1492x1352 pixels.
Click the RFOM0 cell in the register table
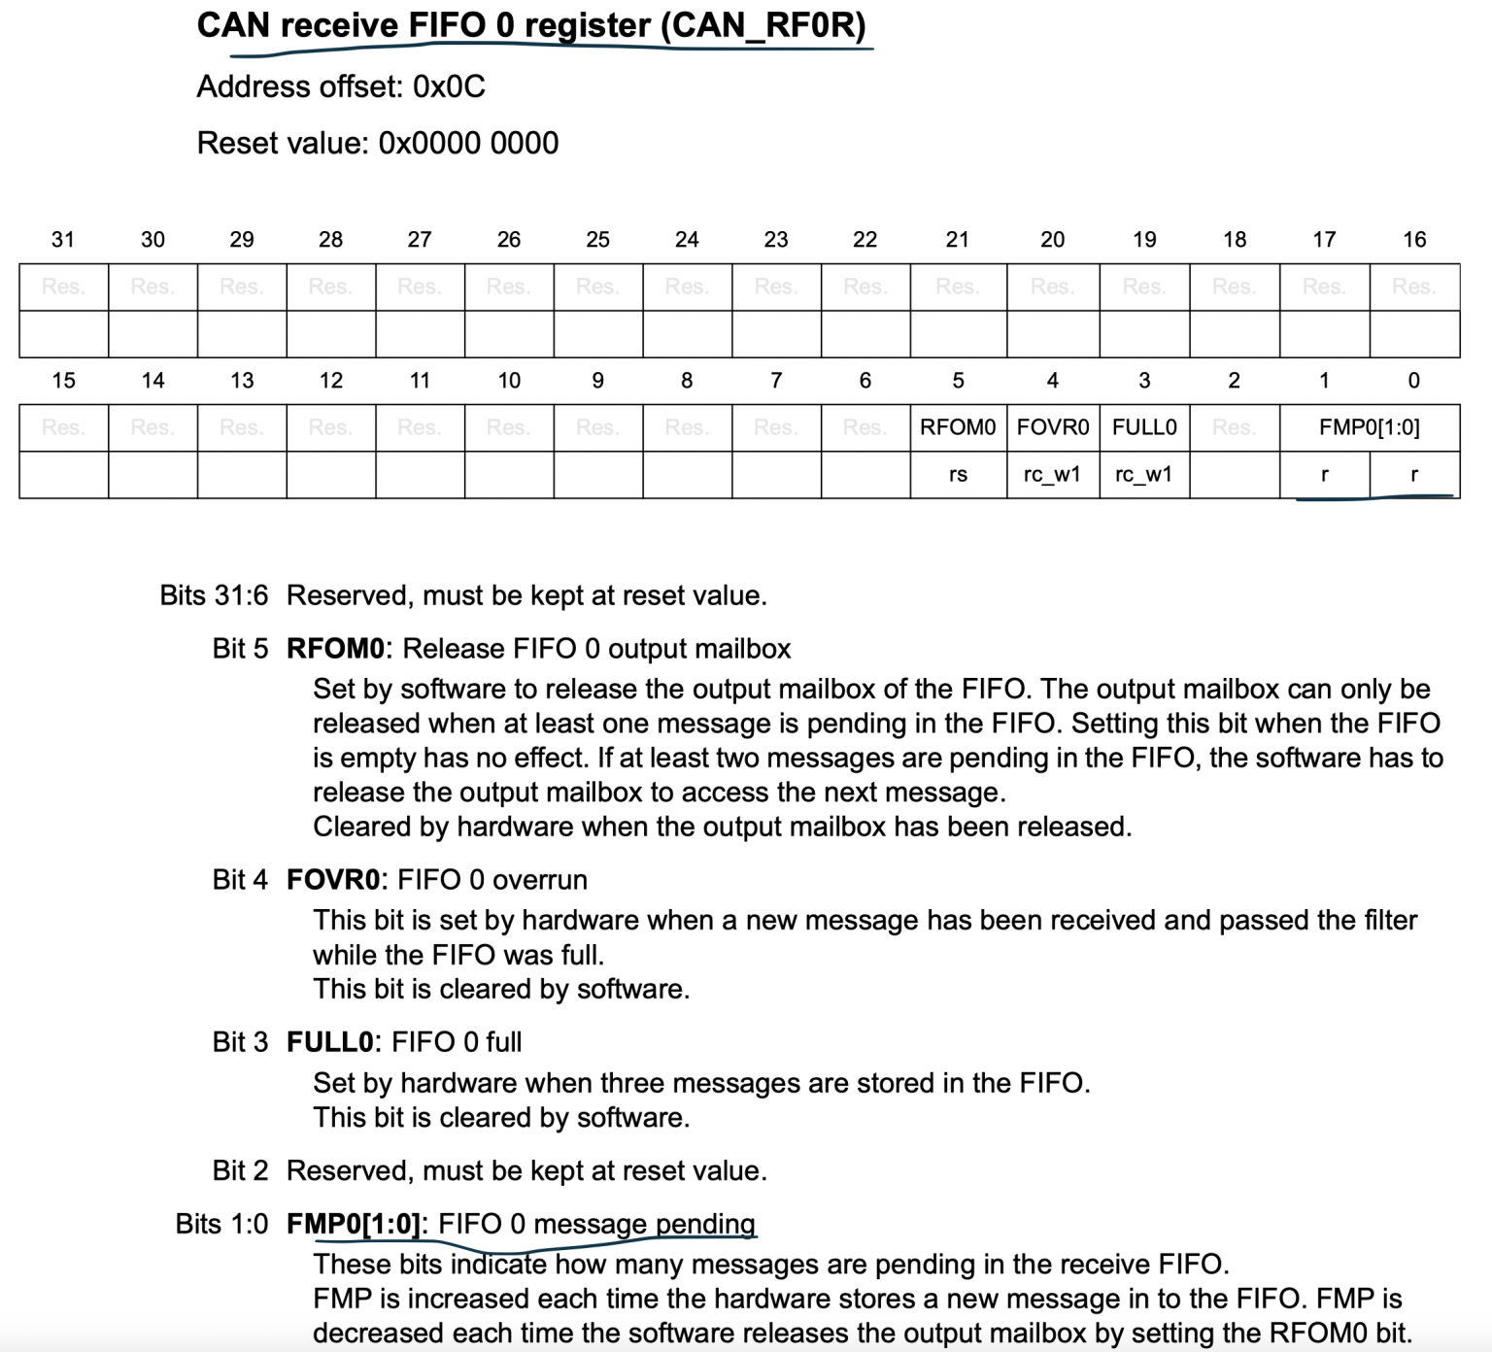[x=958, y=427]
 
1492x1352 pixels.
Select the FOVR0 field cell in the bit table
[x=1053, y=427]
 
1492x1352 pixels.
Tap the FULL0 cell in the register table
[x=1144, y=427]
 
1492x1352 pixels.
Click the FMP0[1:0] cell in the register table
[x=1369, y=427]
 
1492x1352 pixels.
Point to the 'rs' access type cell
[x=958, y=475]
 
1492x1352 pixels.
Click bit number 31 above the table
[x=63, y=240]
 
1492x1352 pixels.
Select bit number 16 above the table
[x=1414, y=240]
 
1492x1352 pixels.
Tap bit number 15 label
[x=63, y=381]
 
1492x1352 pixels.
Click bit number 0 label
[x=1413, y=381]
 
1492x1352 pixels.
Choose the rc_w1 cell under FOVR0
[x=1052, y=475]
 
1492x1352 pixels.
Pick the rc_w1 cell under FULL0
[x=1143, y=475]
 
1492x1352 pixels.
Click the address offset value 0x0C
[x=449, y=87]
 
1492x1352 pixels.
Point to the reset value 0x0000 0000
[x=468, y=144]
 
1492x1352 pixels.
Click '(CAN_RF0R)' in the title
[x=763, y=25]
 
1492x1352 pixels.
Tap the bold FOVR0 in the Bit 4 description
[x=333, y=880]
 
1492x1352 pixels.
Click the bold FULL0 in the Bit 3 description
[x=329, y=1042]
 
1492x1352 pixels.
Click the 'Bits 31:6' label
[x=214, y=595]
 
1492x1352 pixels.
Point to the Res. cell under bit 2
[x=1234, y=427]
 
